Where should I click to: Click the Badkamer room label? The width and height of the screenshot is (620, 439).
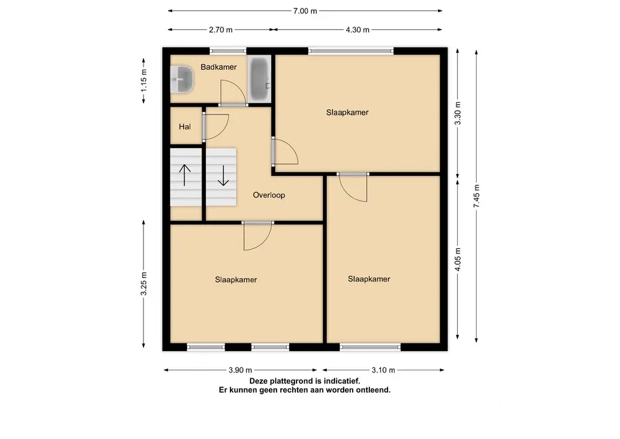[218, 67]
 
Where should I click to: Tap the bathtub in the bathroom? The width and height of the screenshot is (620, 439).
[260, 79]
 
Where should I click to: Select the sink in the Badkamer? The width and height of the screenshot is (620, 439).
[182, 79]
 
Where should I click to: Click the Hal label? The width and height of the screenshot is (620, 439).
[185, 127]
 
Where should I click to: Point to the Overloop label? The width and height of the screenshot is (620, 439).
[269, 195]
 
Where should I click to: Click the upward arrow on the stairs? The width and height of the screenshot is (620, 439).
[185, 175]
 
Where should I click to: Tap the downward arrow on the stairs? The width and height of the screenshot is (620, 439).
[223, 175]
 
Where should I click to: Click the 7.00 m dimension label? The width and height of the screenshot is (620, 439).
[305, 11]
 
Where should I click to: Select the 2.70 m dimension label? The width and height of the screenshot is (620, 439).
[221, 30]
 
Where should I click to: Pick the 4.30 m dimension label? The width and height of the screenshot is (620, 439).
[357, 30]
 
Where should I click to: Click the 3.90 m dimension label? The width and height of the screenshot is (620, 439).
[240, 370]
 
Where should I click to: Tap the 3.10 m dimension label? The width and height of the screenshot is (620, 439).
[383, 370]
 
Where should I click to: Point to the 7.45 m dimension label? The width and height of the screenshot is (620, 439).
[477, 196]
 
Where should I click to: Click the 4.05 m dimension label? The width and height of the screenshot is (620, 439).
[457, 259]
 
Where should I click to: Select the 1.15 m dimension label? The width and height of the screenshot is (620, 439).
[143, 81]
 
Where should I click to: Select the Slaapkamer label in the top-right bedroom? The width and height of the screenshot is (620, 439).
[347, 112]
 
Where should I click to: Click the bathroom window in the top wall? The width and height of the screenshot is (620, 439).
[228, 50]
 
